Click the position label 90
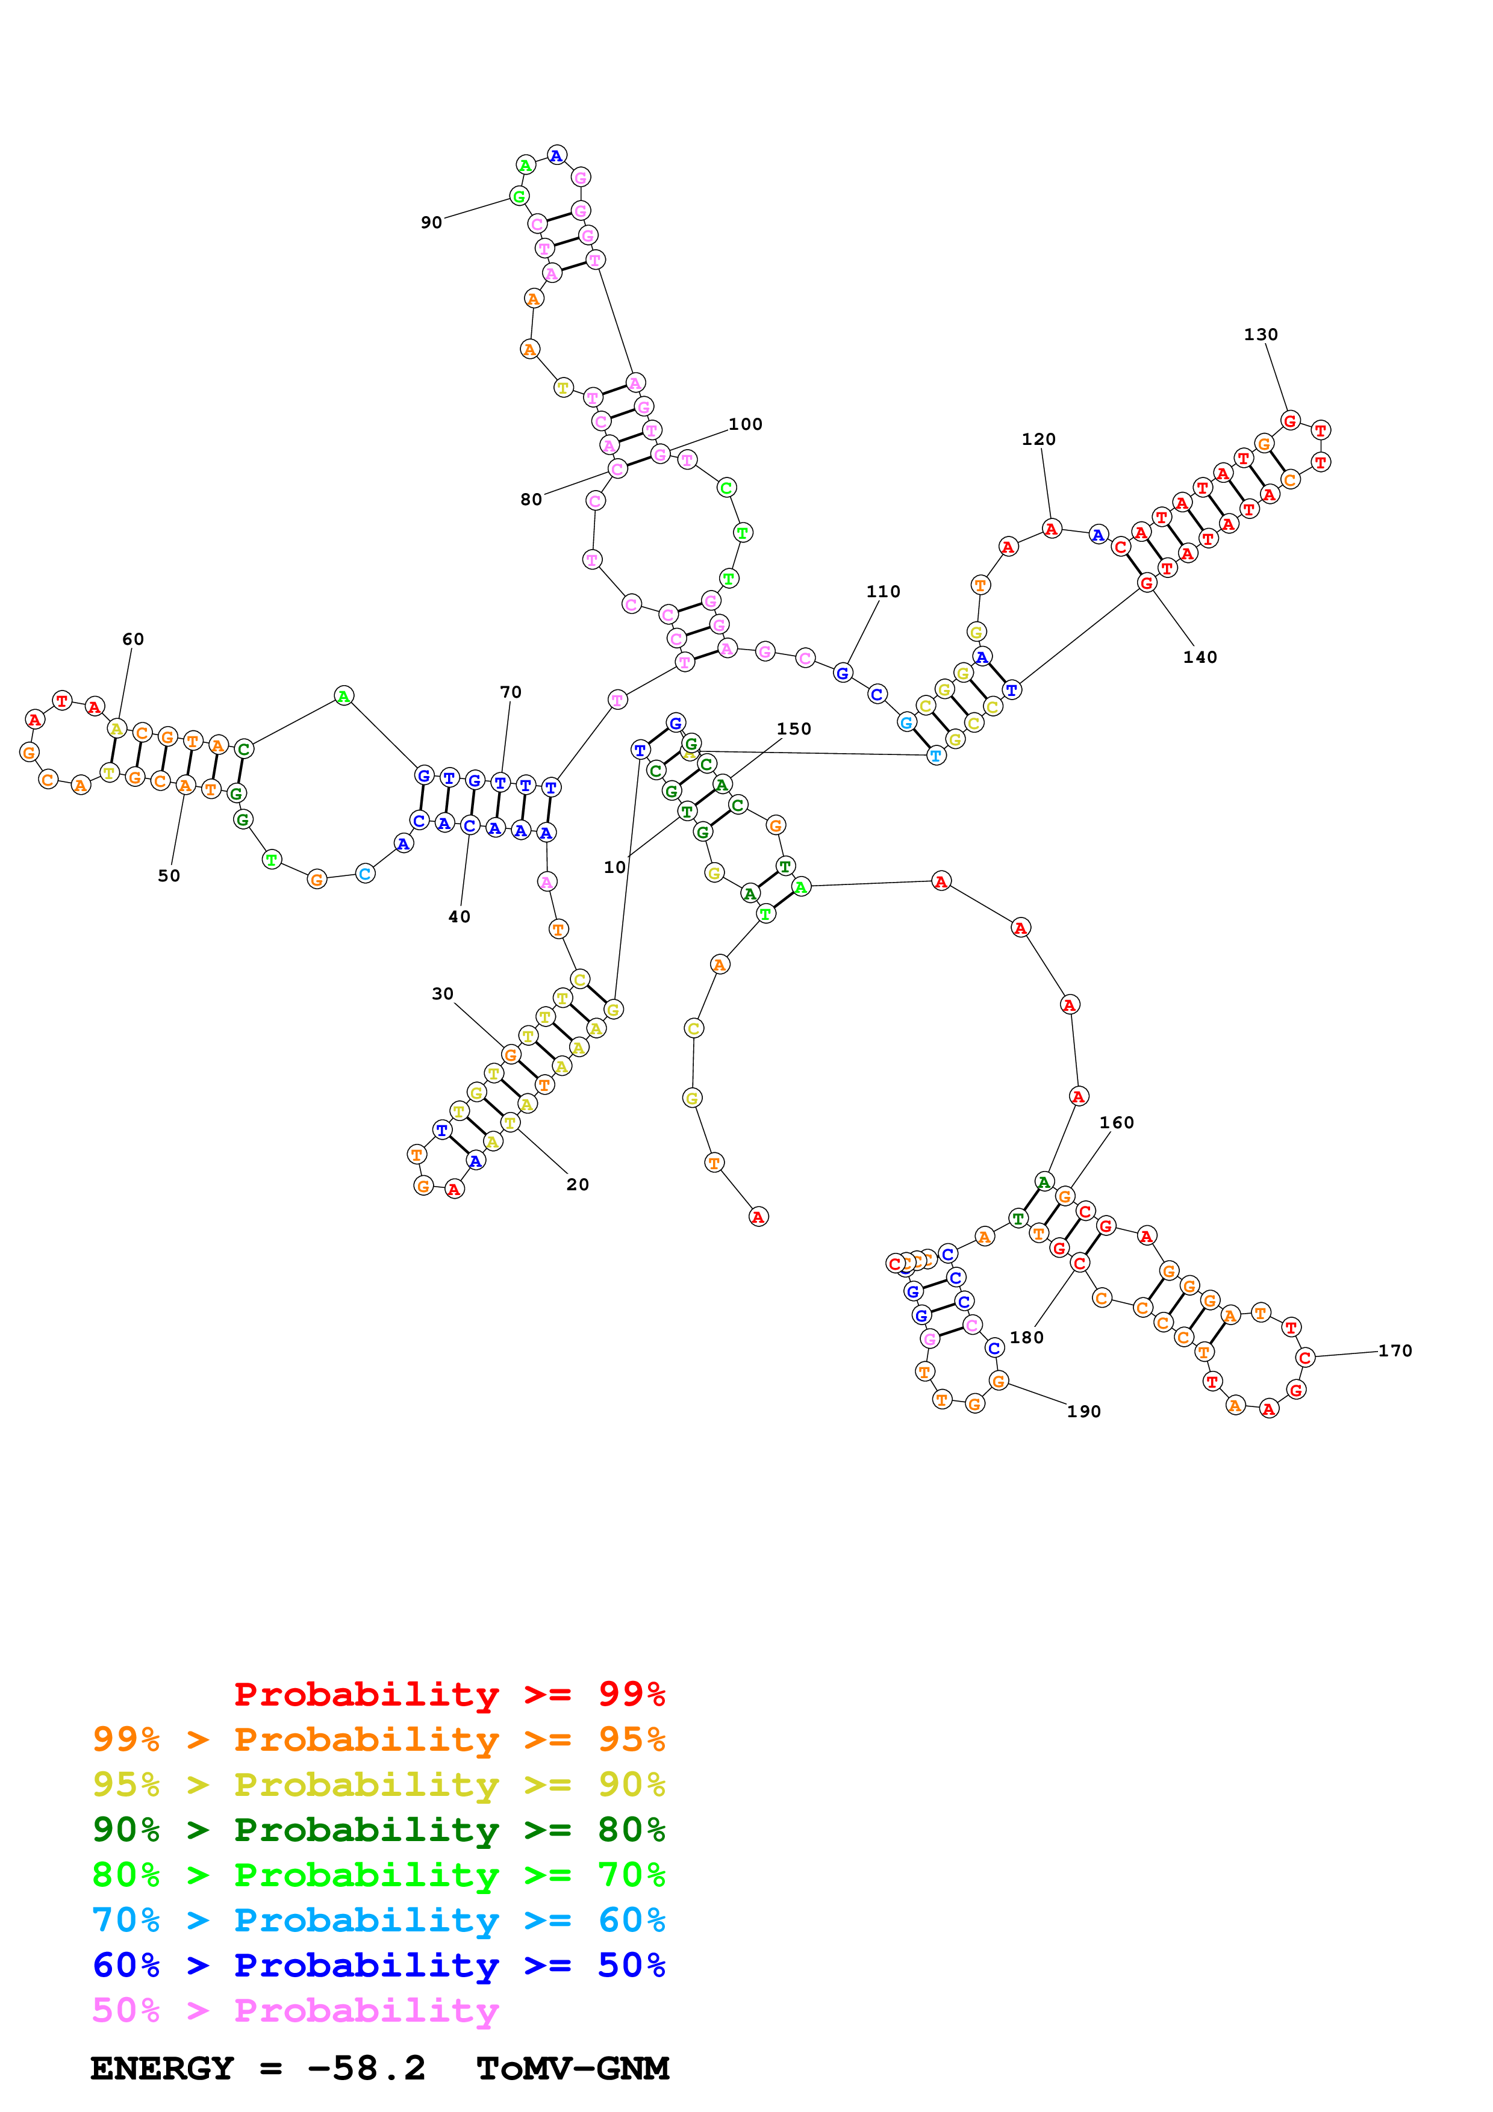[x=431, y=223]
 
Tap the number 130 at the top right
[x=1261, y=335]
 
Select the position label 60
[x=133, y=639]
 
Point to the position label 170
[x=1395, y=1350]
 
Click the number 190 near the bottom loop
[x=1083, y=1411]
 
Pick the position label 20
[x=578, y=1185]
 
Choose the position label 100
[x=745, y=424]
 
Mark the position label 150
[x=794, y=728]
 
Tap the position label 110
[x=883, y=591]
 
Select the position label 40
[x=459, y=917]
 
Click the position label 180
[x=1027, y=1338]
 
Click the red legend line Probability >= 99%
[x=449, y=1694]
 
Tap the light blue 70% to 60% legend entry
[x=378, y=1920]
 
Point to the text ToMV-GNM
[x=572, y=2068]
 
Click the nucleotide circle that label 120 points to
[x=1052, y=529]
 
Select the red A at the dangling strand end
[x=758, y=1217]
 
